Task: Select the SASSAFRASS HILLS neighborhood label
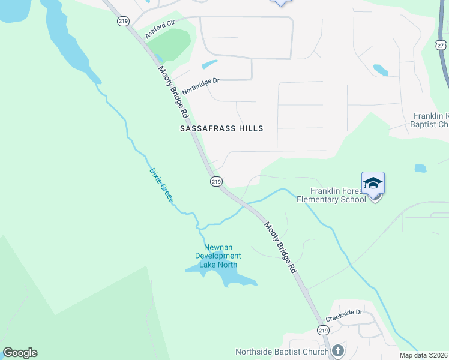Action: click(221, 128)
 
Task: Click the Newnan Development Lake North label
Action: click(218, 256)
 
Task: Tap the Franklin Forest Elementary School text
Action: click(331, 195)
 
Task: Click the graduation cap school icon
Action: click(373, 183)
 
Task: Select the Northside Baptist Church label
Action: click(282, 352)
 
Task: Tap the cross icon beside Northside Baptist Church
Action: click(338, 351)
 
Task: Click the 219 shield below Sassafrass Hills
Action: click(216, 181)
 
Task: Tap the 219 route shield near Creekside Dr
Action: click(323, 331)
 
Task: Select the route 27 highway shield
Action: click(441, 45)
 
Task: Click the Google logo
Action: click(20, 352)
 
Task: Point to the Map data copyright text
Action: click(424, 355)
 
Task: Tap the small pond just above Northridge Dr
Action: click(209, 64)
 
